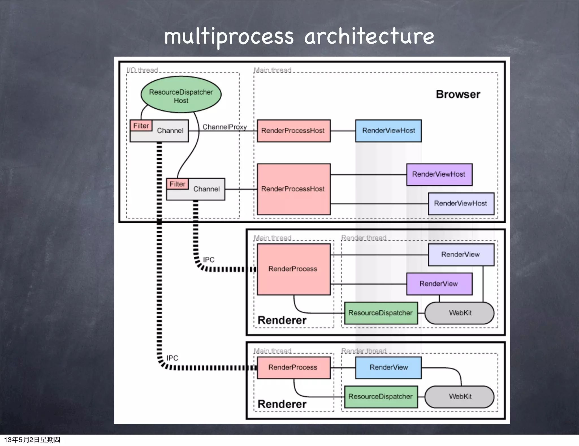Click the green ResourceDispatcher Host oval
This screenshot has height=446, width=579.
tap(181, 95)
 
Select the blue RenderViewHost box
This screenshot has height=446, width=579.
tap(388, 131)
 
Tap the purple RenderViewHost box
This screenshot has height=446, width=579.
tap(439, 174)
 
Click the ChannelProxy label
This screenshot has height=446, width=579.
tap(224, 127)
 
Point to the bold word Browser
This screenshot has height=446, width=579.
tap(458, 94)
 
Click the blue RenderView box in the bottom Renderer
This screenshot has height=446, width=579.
tap(388, 367)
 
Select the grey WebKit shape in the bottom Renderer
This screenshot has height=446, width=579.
tap(459, 396)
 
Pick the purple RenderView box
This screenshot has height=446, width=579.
tap(439, 284)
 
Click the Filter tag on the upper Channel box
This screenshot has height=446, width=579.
tap(141, 126)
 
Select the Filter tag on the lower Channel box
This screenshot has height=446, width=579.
tap(177, 184)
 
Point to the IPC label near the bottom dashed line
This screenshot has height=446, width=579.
tap(172, 358)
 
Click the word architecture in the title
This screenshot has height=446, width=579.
tap(369, 37)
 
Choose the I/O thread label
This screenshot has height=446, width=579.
tap(142, 70)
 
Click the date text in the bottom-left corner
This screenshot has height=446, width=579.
tap(32, 439)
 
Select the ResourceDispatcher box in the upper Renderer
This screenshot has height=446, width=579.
tap(381, 313)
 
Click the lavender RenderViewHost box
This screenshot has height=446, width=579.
tap(461, 203)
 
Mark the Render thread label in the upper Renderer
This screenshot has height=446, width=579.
tap(364, 238)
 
